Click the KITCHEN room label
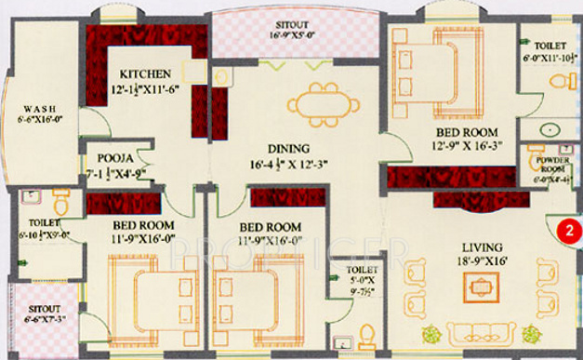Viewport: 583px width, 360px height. click(145, 73)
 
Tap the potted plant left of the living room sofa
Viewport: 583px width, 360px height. click(431, 333)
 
